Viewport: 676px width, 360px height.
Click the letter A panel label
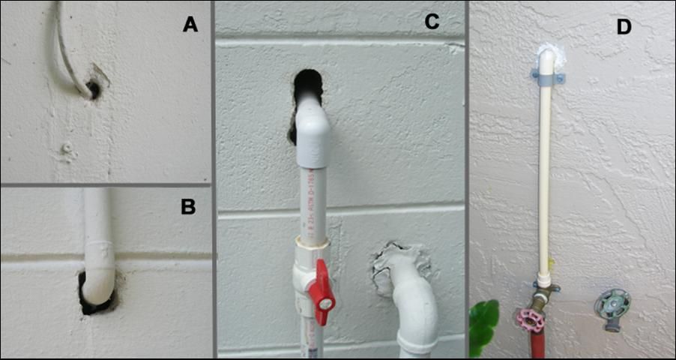[190, 25]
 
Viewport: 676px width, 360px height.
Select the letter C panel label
[431, 22]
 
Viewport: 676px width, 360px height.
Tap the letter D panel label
[624, 27]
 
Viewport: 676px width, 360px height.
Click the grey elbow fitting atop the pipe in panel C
[313, 135]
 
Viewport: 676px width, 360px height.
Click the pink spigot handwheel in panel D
[531, 320]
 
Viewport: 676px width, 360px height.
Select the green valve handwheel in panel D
[612, 305]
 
